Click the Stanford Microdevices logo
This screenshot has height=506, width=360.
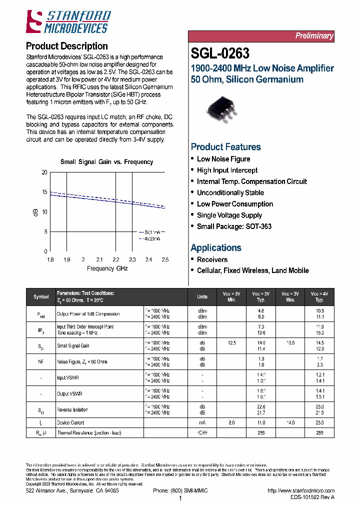point(68,21)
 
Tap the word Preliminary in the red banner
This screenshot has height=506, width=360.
point(313,36)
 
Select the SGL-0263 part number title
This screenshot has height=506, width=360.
point(220,53)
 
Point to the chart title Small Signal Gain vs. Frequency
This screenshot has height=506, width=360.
point(106,162)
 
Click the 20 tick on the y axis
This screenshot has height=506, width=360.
point(44,172)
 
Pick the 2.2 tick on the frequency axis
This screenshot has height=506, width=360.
point(116,260)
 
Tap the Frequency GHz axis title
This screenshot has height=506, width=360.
point(107,268)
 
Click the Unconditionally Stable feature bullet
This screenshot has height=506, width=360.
point(230,192)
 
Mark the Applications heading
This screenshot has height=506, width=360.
point(216,247)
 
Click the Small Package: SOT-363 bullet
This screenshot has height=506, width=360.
point(234,226)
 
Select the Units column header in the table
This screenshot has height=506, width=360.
point(202,296)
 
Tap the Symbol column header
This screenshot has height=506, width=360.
point(41,296)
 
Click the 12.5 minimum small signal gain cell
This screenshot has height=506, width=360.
point(231,342)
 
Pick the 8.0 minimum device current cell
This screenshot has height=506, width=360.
point(231,422)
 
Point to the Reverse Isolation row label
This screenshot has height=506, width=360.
point(72,409)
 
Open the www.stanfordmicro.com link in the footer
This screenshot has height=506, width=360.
point(301,491)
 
